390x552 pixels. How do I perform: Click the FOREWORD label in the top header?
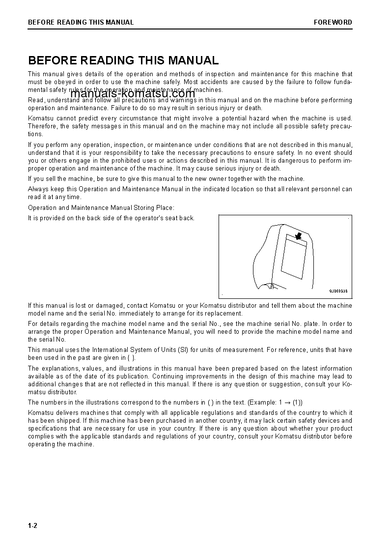333,22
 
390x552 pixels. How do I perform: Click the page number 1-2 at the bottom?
32,526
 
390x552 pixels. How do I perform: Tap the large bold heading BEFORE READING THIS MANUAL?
123,60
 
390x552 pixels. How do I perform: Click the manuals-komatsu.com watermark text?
133,94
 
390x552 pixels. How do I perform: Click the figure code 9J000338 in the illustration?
338,291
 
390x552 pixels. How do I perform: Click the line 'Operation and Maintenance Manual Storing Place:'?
101,208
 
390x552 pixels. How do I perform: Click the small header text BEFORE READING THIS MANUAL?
81,22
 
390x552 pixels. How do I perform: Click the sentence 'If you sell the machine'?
166,179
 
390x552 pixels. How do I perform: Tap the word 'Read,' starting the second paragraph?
36,100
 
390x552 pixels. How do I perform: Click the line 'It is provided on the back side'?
111,218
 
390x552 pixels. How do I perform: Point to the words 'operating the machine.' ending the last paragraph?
61,444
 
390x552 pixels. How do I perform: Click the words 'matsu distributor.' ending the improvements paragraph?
53,392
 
